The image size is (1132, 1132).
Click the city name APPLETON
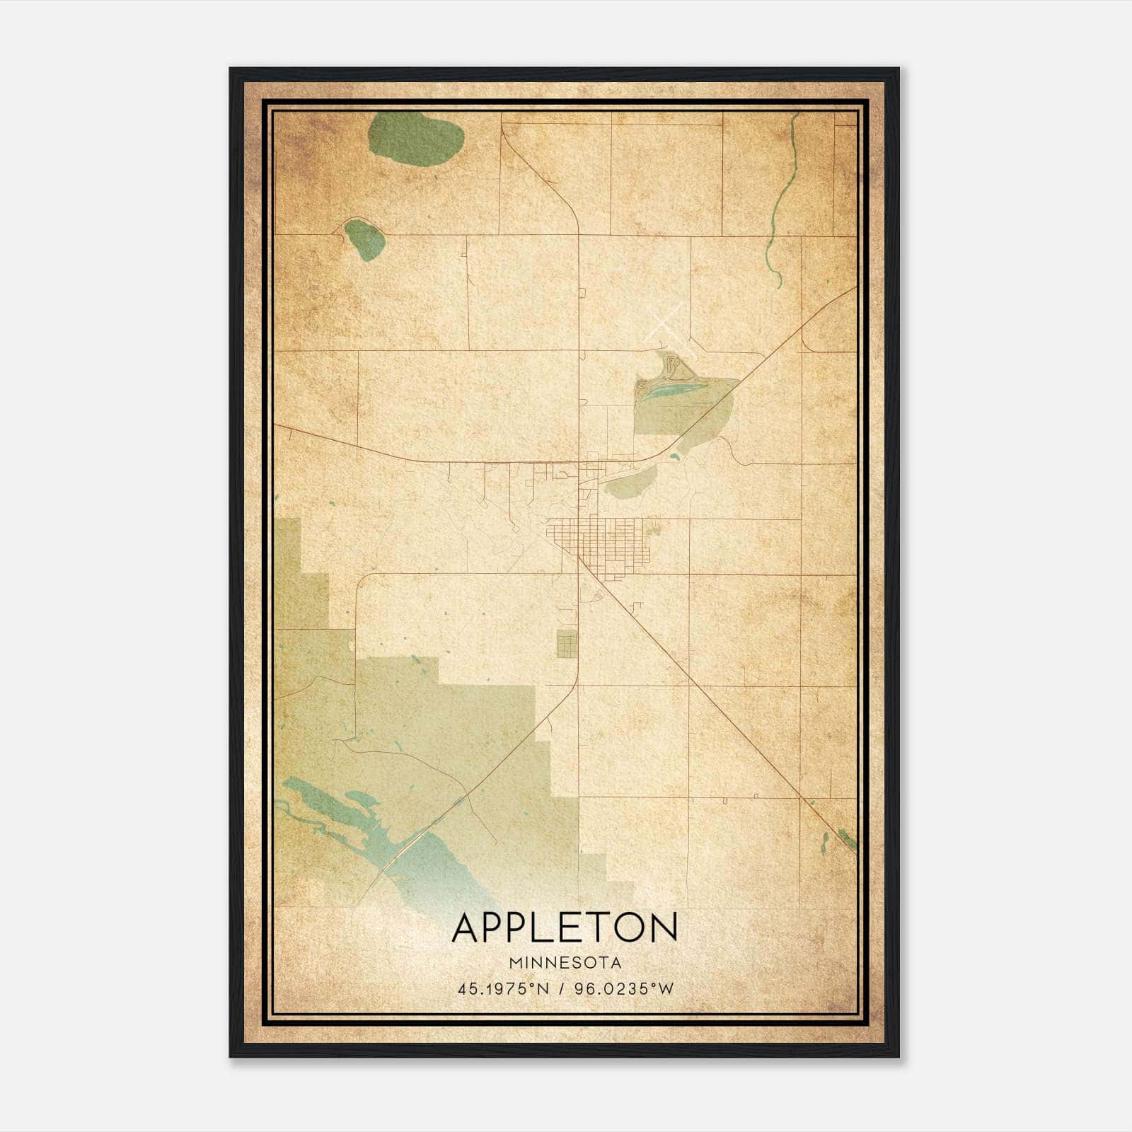pos(565,928)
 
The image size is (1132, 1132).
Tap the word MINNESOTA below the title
pos(565,963)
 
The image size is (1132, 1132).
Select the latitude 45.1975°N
pos(503,989)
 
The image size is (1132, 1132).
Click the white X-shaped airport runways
pos(665,323)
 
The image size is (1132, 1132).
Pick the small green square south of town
pos(567,644)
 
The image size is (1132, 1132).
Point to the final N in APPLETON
pos(664,928)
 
